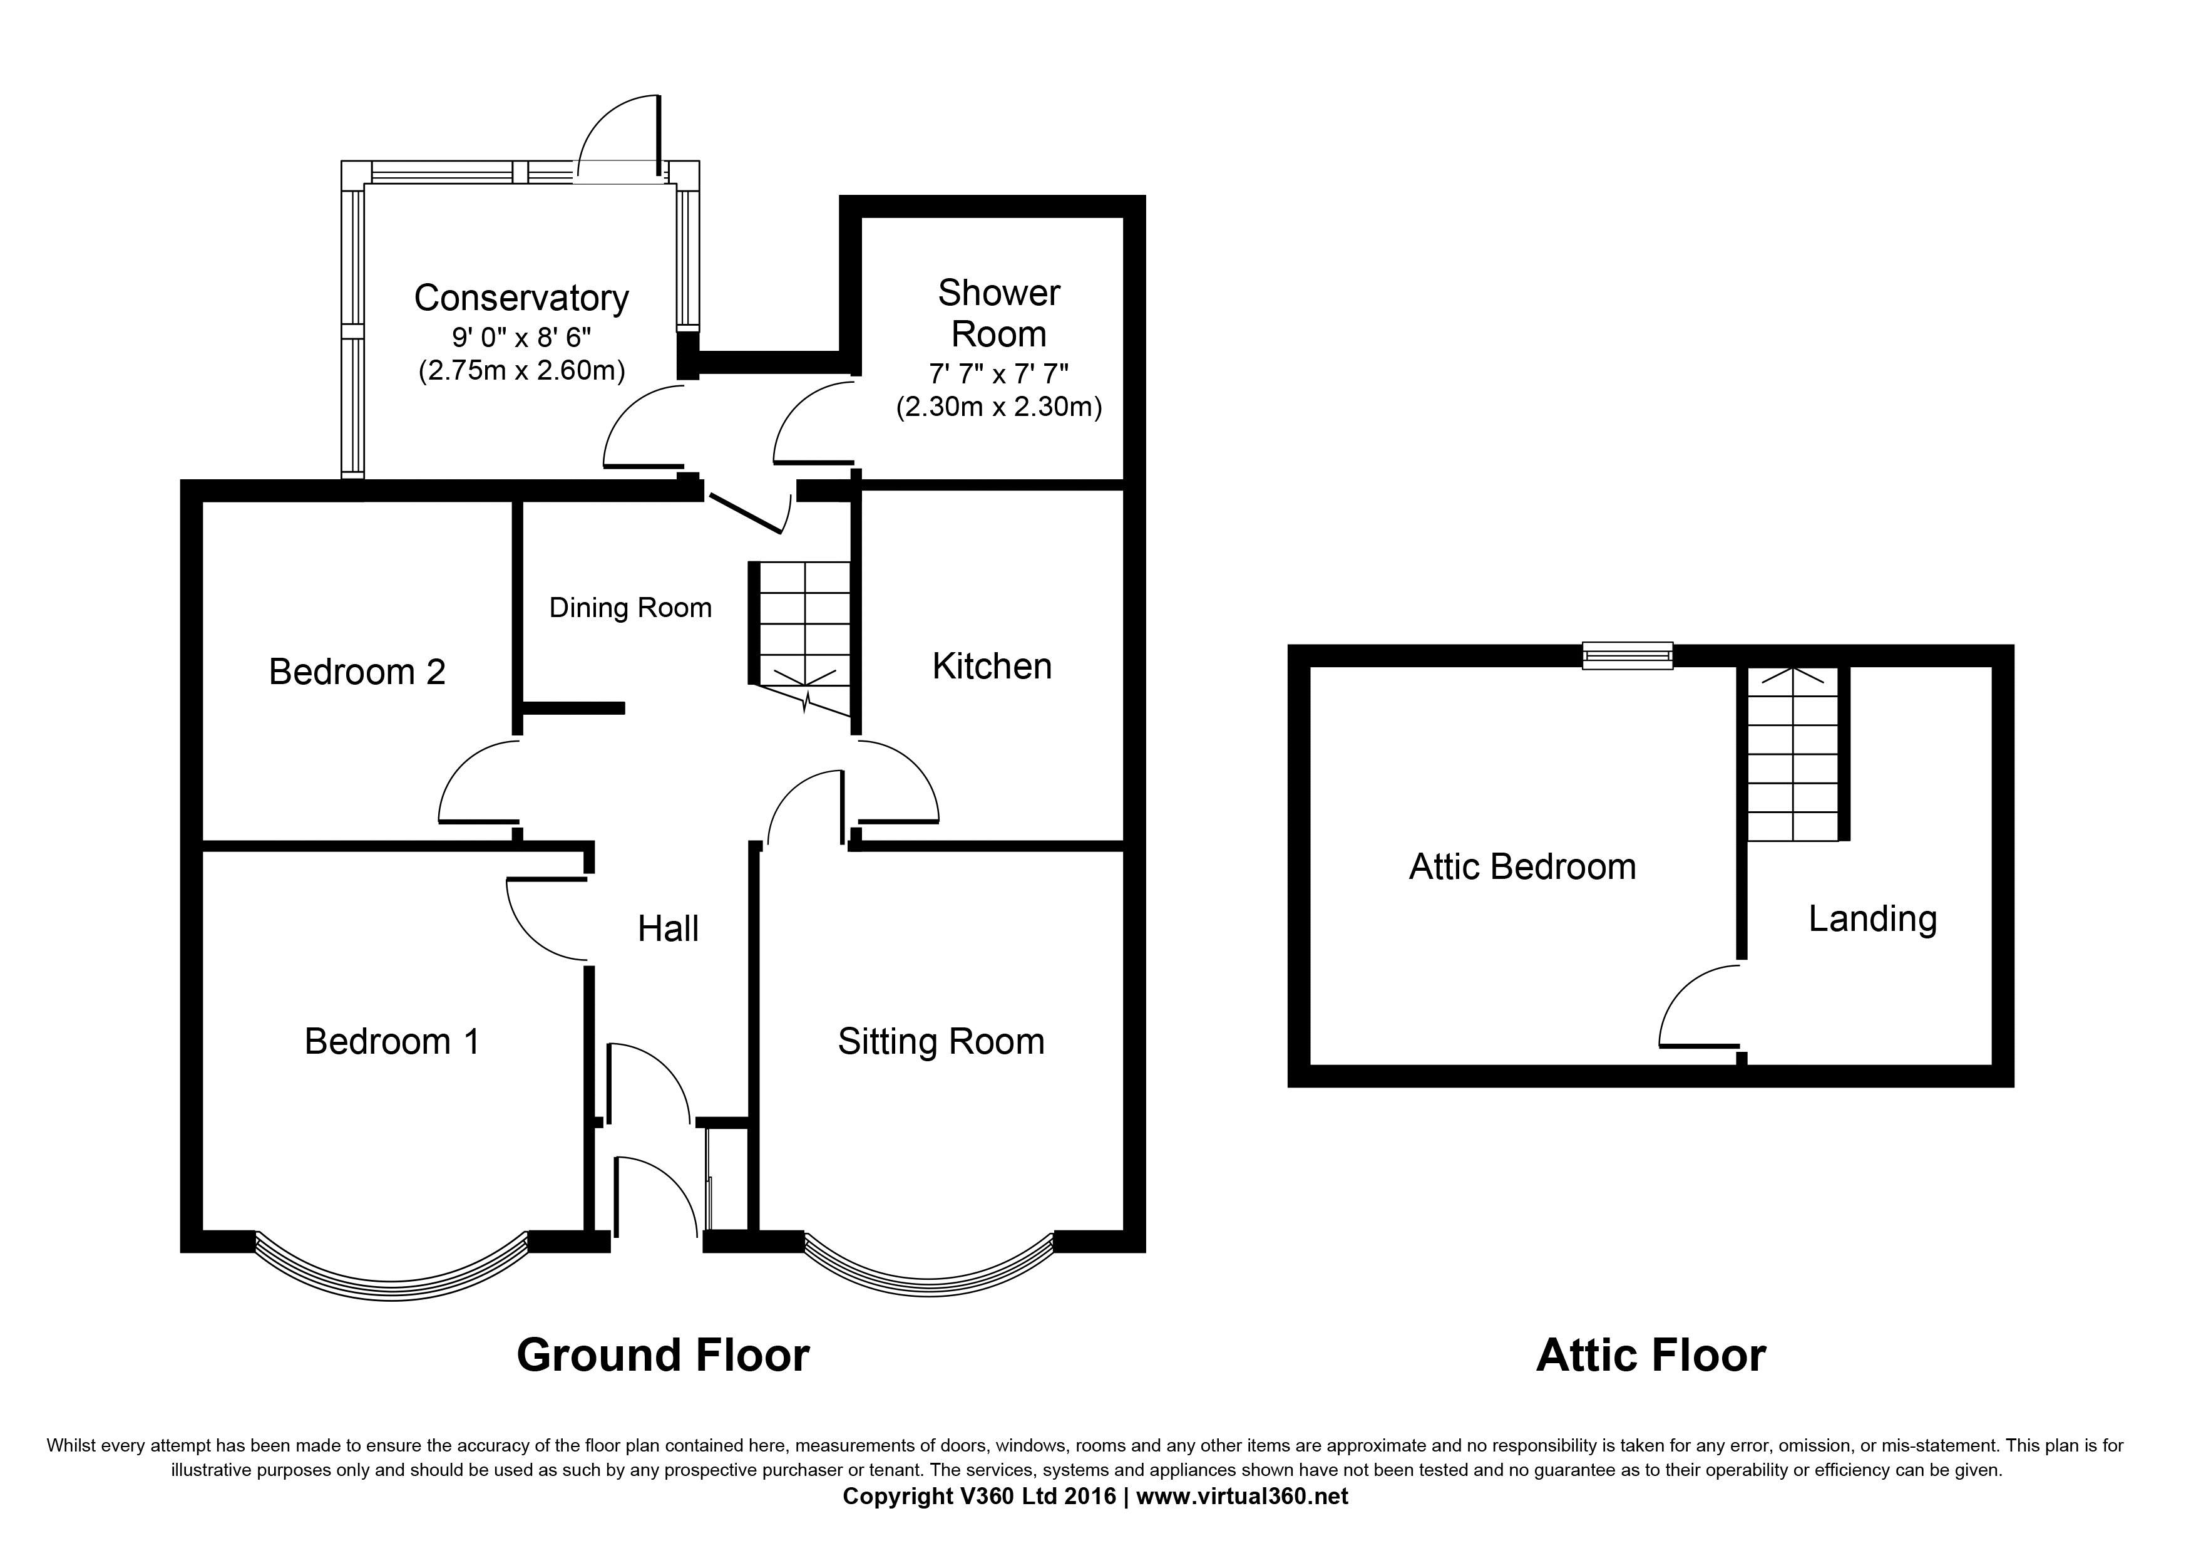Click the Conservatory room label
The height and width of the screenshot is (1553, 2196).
coord(521,299)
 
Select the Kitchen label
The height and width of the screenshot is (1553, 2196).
coord(992,667)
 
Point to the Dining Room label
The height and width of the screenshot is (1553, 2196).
coord(630,608)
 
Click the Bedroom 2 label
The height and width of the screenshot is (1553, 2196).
coord(357,672)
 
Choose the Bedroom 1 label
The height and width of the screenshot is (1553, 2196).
coord(391,1041)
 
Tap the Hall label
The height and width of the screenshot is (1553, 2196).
coord(669,928)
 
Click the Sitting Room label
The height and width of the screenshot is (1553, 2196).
coord(941,1042)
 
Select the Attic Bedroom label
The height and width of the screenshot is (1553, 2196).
coord(1522,867)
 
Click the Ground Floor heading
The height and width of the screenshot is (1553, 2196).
coord(663,1356)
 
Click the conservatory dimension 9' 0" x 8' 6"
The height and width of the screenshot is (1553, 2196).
coord(521,338)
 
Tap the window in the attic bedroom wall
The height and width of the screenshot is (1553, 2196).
coord(1627,655)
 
